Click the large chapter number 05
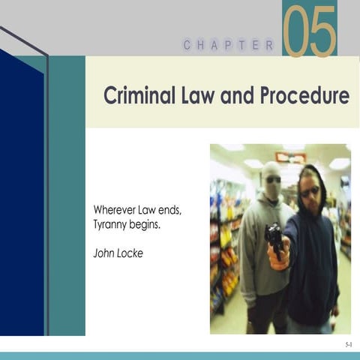pos(309,31)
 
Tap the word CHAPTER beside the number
pos(229,46)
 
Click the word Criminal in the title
pos(137,96)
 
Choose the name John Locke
pos(118,253)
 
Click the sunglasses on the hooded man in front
pos(309,192)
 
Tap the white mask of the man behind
pos(271,181)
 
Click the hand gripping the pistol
pos(279,255)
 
